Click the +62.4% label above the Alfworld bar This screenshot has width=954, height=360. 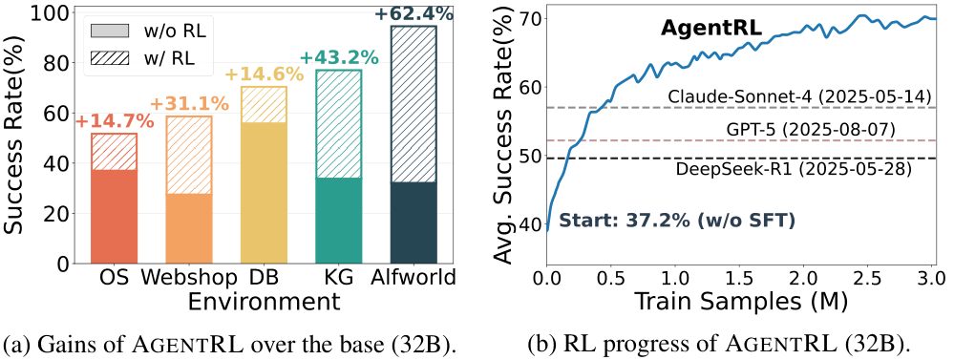(x=413, y=14)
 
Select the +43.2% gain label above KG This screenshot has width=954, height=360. (x=339, y=57)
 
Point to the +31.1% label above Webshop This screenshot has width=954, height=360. (x=189, y=103)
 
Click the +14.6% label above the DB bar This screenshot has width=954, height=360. (x=264, y=74)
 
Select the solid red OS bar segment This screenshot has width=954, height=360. (x=114, y=216)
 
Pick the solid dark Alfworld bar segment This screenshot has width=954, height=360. (x=413, y=222)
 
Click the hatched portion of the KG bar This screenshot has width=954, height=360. (x=339, y=124)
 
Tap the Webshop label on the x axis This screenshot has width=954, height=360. (x=189, y=279)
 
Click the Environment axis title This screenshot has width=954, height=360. (x=264, y=302)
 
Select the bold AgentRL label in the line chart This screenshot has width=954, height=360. (x=710, y=28)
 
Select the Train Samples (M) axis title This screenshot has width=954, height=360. (x=741, y=302)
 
